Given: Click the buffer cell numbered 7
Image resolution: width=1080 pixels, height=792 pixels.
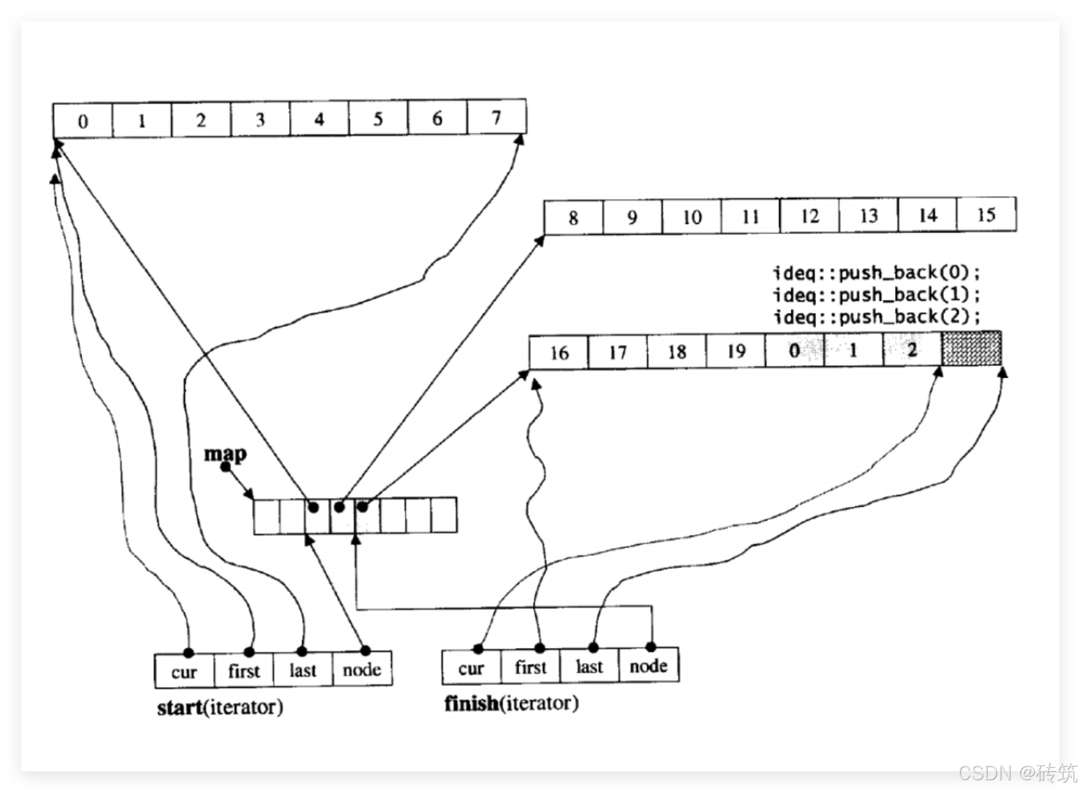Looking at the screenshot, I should [x=496, y=118].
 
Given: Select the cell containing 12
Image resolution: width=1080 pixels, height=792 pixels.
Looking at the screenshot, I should [x=810, y=216].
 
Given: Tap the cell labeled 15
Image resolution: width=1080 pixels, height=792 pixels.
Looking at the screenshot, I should [x=986, y=215].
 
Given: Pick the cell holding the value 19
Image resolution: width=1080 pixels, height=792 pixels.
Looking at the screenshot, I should [x=736, y=351].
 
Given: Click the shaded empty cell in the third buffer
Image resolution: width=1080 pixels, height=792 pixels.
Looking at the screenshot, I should [x=971, y=349].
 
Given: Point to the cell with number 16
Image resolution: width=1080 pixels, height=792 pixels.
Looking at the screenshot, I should [x=559, y=352].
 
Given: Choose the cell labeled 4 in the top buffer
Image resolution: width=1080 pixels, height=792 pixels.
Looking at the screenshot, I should [x=319, y=119].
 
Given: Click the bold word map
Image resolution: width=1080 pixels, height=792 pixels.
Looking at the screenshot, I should [x=225, y=454].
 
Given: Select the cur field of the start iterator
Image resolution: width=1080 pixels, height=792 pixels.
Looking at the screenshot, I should [x=184, y=671].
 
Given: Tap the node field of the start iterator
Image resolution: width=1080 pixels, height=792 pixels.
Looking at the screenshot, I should [x=362, y=669].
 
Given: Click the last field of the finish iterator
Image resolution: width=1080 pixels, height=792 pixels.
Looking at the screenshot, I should [x=589, y=666].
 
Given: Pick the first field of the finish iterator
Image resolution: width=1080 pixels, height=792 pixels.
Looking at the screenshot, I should [x=530, y=666].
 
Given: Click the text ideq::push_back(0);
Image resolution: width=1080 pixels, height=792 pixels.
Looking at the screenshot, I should [x=876, y=272].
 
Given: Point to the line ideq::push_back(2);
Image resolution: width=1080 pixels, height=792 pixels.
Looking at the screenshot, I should [x=876, y=316].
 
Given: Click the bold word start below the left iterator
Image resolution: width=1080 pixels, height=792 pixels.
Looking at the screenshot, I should [x=180, y=707].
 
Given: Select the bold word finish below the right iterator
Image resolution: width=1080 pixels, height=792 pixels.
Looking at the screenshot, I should [x=471, y=704].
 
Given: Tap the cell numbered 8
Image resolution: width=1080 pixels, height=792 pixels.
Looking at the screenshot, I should [x=573, y=218].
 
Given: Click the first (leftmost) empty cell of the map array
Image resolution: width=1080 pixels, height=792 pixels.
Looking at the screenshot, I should [x=266, y=516].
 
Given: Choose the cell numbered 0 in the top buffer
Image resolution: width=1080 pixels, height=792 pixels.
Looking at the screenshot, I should [x=82, y=121].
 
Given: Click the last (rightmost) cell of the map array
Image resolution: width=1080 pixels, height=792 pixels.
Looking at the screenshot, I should [x=444, y=515].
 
